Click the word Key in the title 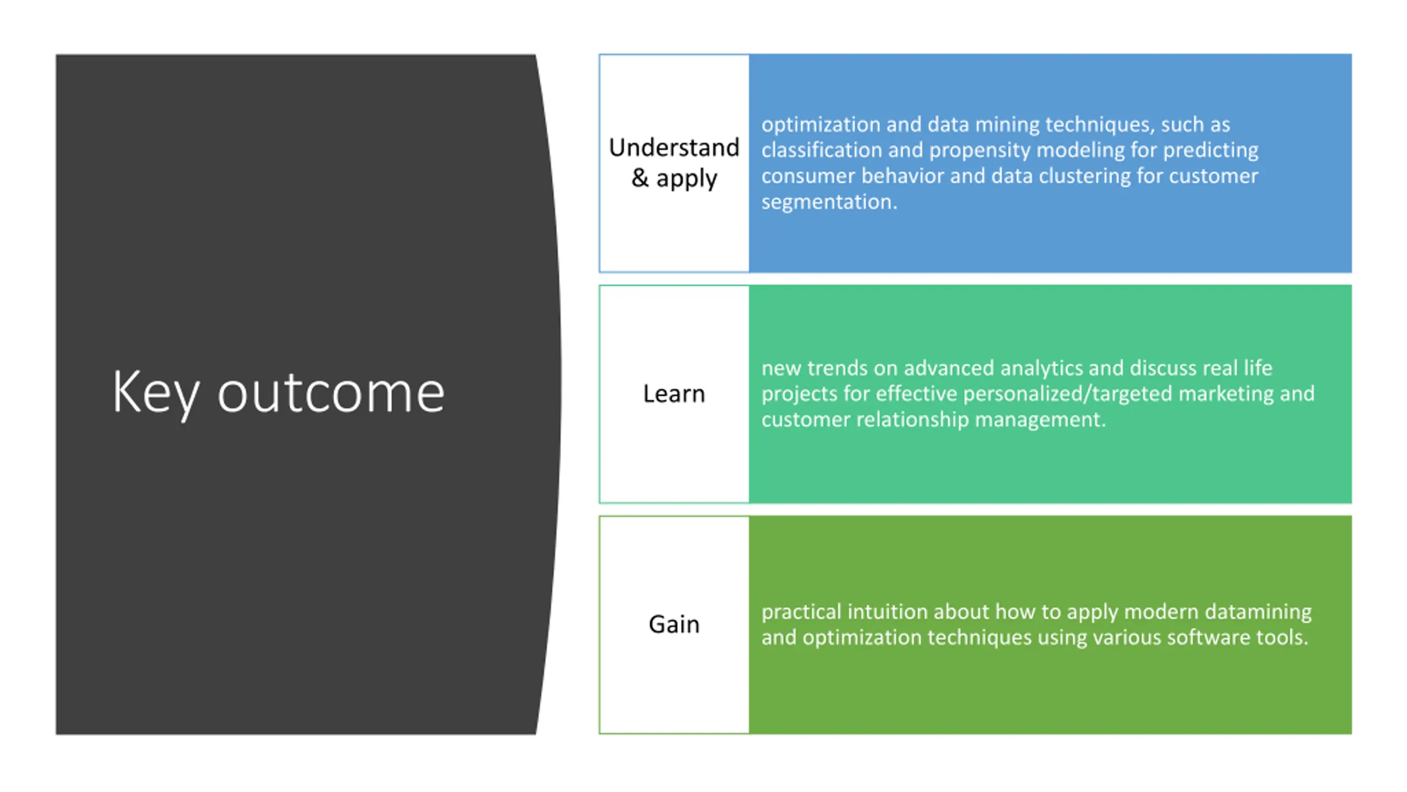tap(155, 393)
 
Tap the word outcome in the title tap(331, 393)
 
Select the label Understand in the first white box tap(674, 147)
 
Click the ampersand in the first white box tap(639, 178)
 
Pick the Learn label tap(674, 394)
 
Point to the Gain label tap(674, 624)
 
